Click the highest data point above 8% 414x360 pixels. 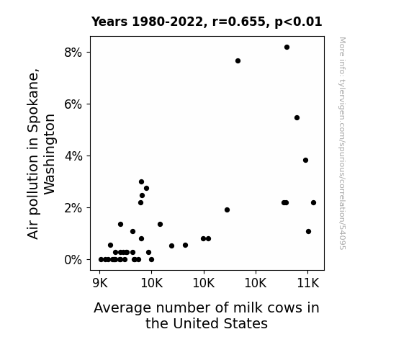pyautogui.click(x=287, y=48)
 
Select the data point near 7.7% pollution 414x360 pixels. pyautogui.click(x=238, y=61)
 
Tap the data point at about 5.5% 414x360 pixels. pyautogui.click(x=297, y=118)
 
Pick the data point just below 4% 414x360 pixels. pyautogui.click(x=305, y=161)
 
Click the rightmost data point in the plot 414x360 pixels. pyautogui.click(x=313, y=203)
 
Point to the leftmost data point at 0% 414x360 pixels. pyautogui.click(x=101, y=260)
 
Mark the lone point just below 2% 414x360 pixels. pyautogui.click(x=227, y=210)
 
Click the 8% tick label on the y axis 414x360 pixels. pyautogui.click(x=73, y=53)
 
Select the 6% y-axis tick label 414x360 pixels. pyautogui.click(x=73, y=104)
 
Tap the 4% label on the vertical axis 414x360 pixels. pyautogui.click(x=73, y=156)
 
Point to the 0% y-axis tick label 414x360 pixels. pyautogui.click(x=73, y=260)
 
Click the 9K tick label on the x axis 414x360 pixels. pyautogui.click(x=100, y=284)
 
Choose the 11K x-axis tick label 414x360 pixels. pyautogui.click(x=308, y=284)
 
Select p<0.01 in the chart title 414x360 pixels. pyautogui.click(x=298, y=22)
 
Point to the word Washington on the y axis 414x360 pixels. pyautogui.click(x=49, y=155)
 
